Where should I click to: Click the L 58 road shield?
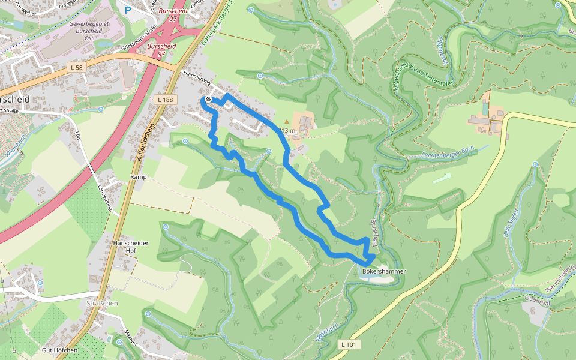tap(76, 68)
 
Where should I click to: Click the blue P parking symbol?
tap(128, 10)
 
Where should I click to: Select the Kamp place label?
tap(139, 177)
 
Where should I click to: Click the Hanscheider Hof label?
tap(130, 247)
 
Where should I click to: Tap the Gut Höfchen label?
tap(59, 350)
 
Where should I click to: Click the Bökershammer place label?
tap(384, 271)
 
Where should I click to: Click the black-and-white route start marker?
tap(208, 99)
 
